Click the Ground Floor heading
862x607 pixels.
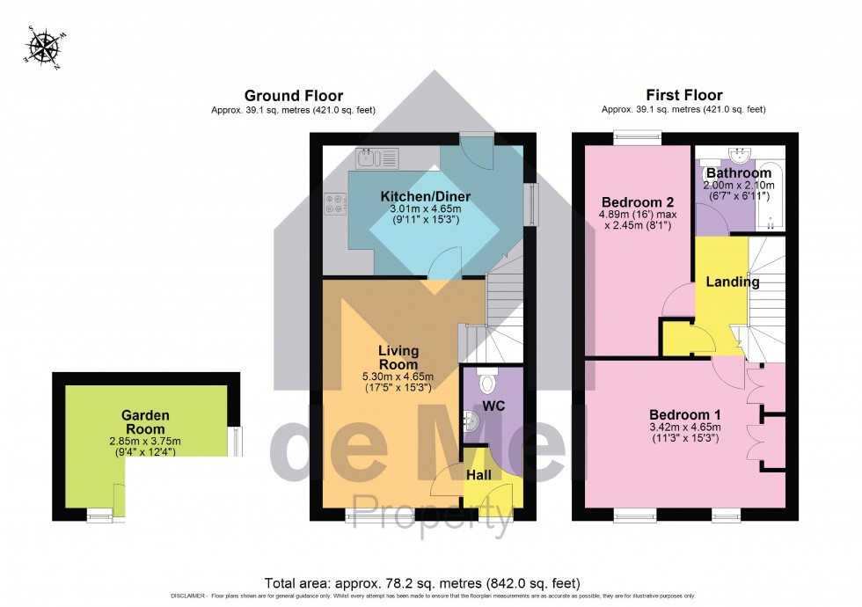[294, 96]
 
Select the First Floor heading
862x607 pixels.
[683, 96]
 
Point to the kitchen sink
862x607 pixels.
[378, 158]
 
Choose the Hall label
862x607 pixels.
[478, 475]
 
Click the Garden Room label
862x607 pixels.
[144, 421]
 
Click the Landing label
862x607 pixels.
[733, 282]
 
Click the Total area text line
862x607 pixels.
[422, 583]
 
